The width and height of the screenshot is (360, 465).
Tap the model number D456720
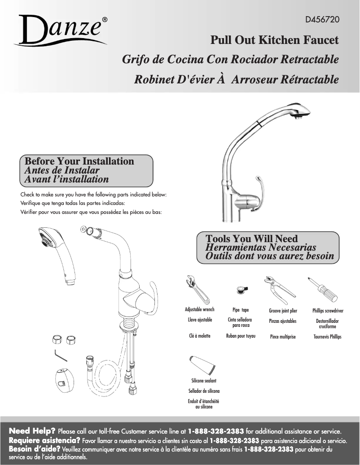(322, 20)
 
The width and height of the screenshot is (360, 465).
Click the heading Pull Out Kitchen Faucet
(274, 40)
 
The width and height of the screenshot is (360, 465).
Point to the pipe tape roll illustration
(241, 291)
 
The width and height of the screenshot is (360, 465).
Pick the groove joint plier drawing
(280, 288)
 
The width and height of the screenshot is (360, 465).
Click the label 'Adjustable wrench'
(200, 310)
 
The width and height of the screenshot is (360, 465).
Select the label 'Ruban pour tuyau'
(241, 336)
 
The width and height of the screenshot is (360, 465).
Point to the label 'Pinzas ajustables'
(283, 322)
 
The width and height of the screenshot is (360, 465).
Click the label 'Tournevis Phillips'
(327, 337)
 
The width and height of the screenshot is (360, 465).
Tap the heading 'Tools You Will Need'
(251, 239)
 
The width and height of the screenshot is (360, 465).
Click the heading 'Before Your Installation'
(79, 161)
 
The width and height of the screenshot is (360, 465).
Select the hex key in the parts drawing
(59, 355)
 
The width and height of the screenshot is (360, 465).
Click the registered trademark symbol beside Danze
(105, 20)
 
